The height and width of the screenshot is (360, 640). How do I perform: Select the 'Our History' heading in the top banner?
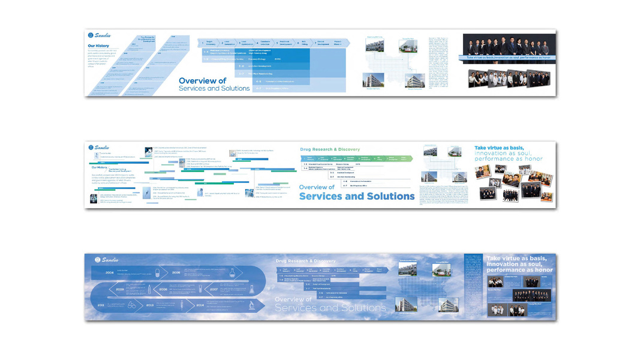[x=98, y=46]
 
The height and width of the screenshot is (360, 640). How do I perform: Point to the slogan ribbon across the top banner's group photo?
[x=507, y=58]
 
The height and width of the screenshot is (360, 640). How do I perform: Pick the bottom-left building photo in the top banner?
[x=374, y=81]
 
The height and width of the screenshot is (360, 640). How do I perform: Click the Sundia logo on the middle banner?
[x=100, y=147]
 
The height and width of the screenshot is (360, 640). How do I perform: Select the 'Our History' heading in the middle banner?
[x=99, y=167]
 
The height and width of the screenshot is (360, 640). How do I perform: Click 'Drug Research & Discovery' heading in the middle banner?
[x=329, y=149]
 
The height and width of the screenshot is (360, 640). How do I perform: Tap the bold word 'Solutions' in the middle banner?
[x=383, y=196]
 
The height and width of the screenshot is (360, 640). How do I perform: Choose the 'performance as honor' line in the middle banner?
[x=509, y=159]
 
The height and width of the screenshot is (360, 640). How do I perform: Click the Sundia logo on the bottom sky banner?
[x=107, y=260]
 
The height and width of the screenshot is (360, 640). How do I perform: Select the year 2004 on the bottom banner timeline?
[x=110, y=272]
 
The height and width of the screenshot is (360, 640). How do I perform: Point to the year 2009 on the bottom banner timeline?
[x=119, y=289]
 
